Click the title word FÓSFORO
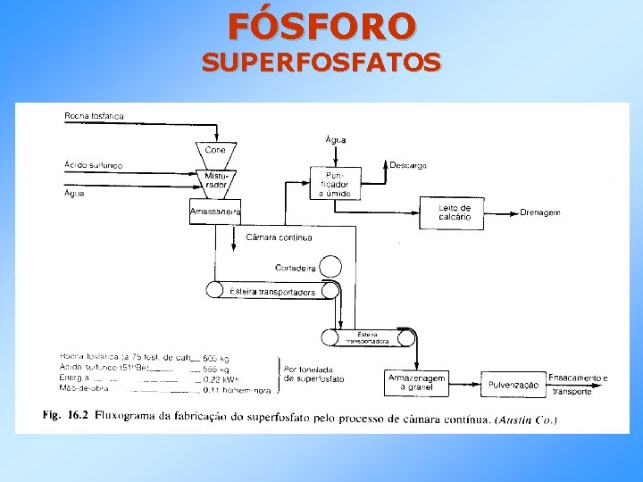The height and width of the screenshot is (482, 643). (321, 26)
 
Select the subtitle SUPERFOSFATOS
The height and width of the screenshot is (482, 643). (321, 62)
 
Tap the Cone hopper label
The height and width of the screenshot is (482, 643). (214, 149)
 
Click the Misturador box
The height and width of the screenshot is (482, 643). (215, 182)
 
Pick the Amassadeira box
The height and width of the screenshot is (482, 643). (215, 212)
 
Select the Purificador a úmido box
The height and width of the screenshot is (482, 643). (335, 183)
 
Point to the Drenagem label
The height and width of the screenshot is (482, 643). (540, 212)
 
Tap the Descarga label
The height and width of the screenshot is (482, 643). (408, 165)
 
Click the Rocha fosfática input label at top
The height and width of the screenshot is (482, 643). (94, 116)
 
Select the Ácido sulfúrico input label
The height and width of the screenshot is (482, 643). (93, 165)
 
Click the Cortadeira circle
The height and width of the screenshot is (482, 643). (330, 266)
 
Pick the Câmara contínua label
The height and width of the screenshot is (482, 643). (279, 238)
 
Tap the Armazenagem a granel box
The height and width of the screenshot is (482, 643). (416, 382)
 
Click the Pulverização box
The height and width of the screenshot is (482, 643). (513, 385)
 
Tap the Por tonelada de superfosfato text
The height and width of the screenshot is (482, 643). (313, 374)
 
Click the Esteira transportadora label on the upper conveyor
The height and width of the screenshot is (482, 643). (272, 292)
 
